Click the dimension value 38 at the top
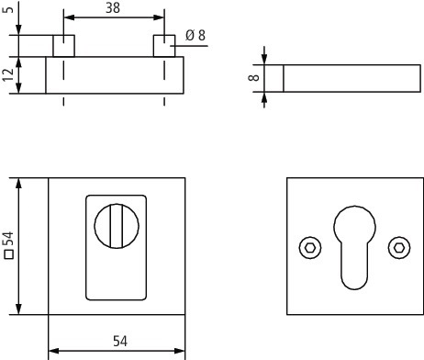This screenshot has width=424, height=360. click(x=113, y=8)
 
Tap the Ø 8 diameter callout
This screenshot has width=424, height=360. click(x=195, y=35)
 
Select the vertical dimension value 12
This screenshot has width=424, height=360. click(x=8, y=75)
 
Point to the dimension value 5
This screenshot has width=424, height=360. click(x=8, y=7)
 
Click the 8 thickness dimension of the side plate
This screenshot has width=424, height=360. click(x=254, y=78)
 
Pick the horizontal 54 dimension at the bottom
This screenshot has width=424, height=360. click(x=120, y=341)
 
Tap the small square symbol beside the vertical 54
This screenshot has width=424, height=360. click(x=9, y=254)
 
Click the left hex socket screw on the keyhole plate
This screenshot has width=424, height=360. click(x=310, y=248)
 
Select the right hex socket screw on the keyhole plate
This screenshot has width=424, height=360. click(x=399, y=248)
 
